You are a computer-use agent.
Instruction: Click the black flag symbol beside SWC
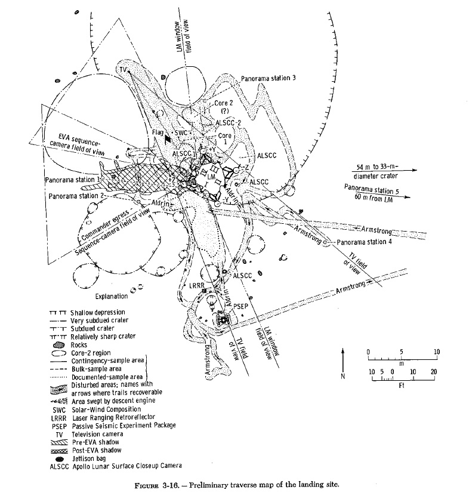tap(169, 138)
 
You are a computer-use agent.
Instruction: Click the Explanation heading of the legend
tap(111, 296)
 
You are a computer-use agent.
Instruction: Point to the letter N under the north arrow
tap(342, 377)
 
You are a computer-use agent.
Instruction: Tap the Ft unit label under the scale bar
tap(403, 386)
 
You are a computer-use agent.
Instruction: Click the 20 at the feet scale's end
tap(434, 371)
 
